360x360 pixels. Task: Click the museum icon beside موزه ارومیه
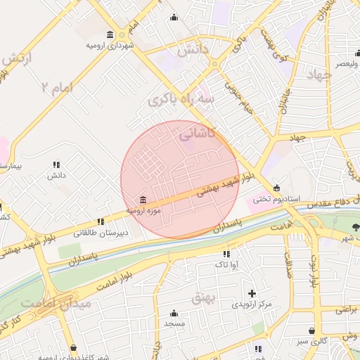[143, 200]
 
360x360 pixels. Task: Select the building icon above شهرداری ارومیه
[110, 34]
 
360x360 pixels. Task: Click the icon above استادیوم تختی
[276, 188]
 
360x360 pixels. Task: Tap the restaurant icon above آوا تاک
[226, 254]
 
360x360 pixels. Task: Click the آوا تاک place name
[226, 264]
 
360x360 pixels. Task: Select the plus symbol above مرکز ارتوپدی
[252, 292]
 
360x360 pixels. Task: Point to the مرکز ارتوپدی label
[255, 304]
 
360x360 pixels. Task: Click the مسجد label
[174, 324]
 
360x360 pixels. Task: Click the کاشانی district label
[200, 133]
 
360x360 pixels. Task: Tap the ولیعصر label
[345, 64]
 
